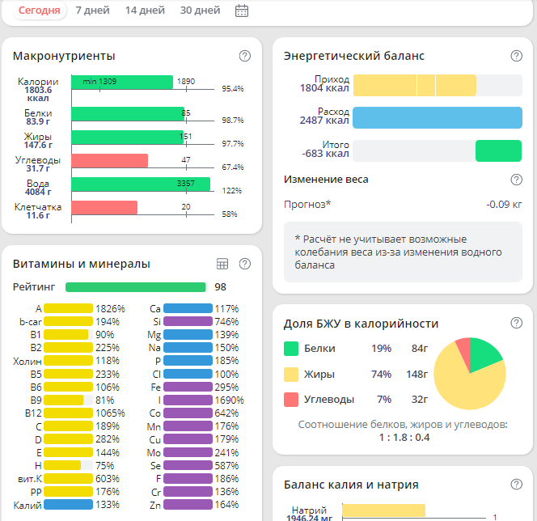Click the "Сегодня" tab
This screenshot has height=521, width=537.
pos(39,11)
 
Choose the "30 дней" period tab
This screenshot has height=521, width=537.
pos(200,11)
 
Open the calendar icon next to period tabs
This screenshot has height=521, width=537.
pos(241,11)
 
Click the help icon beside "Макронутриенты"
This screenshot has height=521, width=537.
pos(245,56)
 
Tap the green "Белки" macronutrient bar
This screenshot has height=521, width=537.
pos(128,114)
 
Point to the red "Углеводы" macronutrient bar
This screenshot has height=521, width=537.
pos(109,160)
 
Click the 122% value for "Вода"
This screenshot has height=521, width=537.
pos(232,191)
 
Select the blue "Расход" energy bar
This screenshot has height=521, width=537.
pos(437,117)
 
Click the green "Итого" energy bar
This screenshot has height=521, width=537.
pos(498,151)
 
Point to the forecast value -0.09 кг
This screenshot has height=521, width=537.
pos(504,205)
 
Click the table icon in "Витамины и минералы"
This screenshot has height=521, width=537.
pos(223,264)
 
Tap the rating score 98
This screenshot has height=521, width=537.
pos(220,287)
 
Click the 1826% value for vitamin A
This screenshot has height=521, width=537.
pos(110,308)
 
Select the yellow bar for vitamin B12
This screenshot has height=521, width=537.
pos(68,412)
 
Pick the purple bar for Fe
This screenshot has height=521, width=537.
pos(188,388)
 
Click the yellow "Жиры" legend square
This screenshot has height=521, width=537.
pos(291,374)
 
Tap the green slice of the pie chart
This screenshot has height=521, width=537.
pos(485,354)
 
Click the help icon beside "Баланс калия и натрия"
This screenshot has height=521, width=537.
pos(516,485)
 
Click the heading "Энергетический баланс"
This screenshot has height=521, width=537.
pos(354,56)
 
